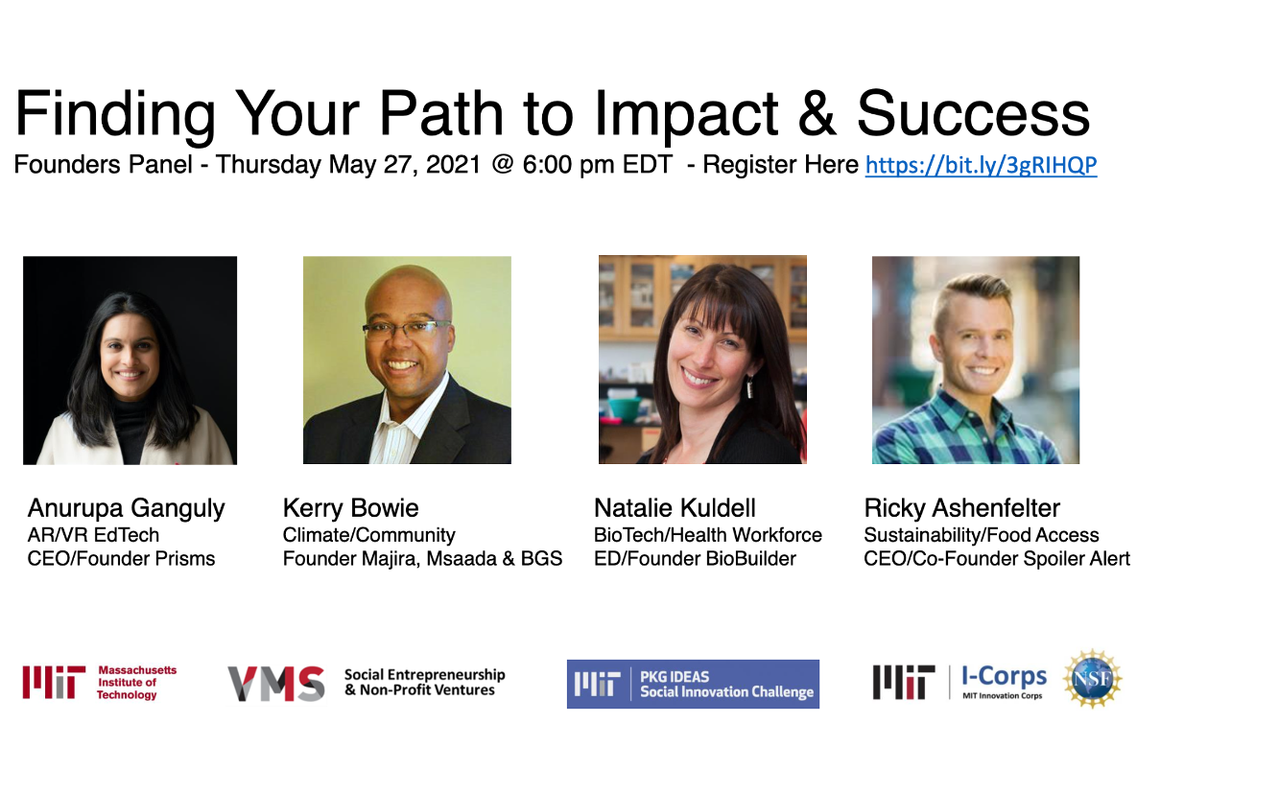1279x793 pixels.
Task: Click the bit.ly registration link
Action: pos(981,166)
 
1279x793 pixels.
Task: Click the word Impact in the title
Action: pos(686,115)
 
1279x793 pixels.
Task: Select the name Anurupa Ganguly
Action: pos(127,509)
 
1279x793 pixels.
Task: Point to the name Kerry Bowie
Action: pos(350,508)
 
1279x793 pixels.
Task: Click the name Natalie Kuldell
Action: pos(675,508)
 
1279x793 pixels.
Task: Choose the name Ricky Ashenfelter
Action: pos(961,509)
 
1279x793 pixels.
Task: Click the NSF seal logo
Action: pos(1092,679)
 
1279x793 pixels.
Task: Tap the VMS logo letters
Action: pos(276,684)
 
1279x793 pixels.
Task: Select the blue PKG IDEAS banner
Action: pos(693,684)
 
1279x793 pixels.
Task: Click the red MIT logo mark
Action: pos(54,682)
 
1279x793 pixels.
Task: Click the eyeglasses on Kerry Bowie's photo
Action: pos(407,329)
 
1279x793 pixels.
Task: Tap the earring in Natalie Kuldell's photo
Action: pos(749,387)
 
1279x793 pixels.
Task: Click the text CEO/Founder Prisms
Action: pos(121,558)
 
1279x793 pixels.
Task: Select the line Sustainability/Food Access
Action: pos(981,536)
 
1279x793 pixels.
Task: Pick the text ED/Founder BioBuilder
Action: pos(695,558)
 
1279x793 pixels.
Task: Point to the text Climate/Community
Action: pos(368,536)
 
